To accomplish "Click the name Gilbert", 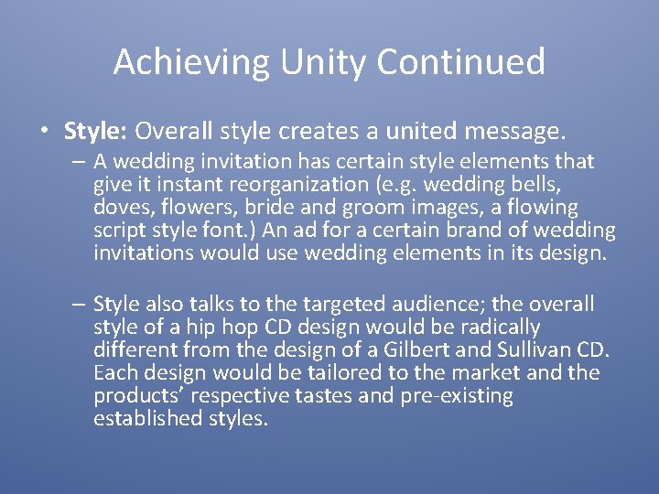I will (418, 349).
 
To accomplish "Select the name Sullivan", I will (532, 349).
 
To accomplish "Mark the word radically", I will (496, 327).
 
